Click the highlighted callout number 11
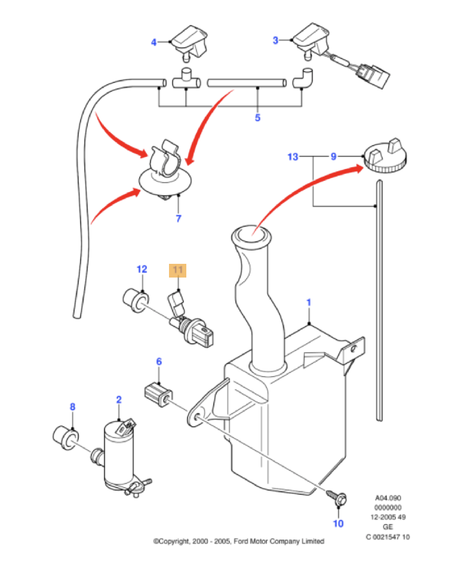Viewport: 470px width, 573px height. (177, 270)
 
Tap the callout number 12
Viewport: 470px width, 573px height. (142, 269)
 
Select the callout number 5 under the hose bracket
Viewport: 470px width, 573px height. (257, 118)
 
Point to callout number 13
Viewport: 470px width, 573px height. (293, 157)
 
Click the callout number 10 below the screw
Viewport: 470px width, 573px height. (339, 523)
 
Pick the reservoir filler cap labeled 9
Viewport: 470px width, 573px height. (385, 156)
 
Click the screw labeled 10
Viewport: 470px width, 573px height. (337, 497)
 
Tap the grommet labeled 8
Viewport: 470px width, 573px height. (66, 437)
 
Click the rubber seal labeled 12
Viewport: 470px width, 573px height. (136, 300)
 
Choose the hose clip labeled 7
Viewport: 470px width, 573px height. (166, 169)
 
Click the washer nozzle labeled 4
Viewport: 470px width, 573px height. (189, 42)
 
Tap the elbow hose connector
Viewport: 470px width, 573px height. (303, 78)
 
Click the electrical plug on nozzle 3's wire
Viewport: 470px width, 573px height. (373, 75)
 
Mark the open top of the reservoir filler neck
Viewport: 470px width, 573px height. (251, 234)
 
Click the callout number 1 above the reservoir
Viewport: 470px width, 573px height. (309, 303)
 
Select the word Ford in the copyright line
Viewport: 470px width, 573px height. (240, 541)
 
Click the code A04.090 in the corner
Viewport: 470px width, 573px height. (388, 498)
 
